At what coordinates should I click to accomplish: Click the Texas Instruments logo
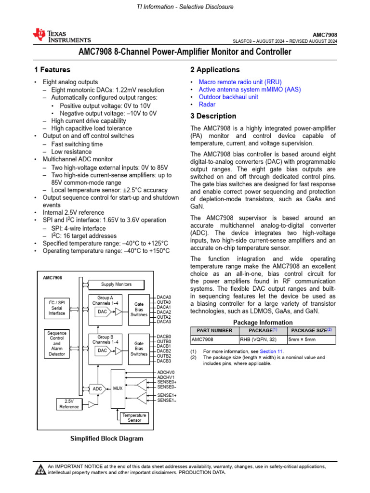tap(61, 36)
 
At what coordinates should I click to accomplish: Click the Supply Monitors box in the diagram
tap(116, 284)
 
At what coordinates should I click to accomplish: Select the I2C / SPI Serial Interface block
tap(56, 307)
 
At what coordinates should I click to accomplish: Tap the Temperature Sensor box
tap(134, 417)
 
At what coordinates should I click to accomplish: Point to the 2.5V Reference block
tap(69, 404)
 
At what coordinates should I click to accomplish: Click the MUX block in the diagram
tap(118, 388)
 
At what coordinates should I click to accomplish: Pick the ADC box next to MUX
tap(97, 388)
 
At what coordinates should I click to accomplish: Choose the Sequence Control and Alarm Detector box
tap(56, 343)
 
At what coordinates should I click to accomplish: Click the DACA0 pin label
tap(164, 297)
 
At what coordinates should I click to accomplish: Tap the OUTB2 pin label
tap(164, 356)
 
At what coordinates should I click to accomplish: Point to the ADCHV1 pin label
tap(166, 377)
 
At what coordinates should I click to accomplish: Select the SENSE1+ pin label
tap(167, 395)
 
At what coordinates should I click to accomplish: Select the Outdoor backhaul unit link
tap(228, 97)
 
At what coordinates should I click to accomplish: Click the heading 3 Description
tap(213, 116)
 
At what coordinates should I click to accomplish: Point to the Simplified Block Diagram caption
tap(107, 439)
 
